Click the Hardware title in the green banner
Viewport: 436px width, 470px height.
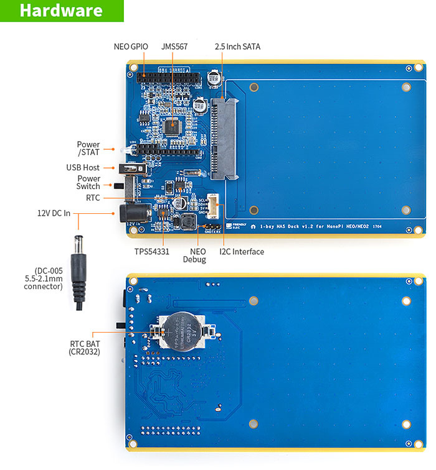tap(61, 11)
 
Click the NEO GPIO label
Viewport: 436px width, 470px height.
tap(131, 46)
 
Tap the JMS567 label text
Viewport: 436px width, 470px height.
tap(174, 46)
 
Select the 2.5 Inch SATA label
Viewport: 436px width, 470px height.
tap(237, 46)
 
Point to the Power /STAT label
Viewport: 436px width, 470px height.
tap(88, 149)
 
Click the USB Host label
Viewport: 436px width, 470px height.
tap(83, 167)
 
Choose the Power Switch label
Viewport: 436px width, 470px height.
tap(88, 182)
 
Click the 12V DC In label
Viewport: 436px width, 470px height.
tap(54, 213)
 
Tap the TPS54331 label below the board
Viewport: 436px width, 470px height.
tap(153, 252)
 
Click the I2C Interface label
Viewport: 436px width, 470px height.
tap(242, 252)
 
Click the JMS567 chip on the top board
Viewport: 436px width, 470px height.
tap(171, 126)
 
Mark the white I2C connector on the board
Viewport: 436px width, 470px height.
tap(213, 205)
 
